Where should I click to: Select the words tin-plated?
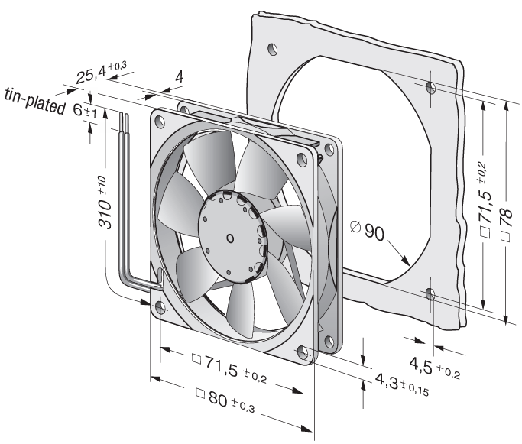pyautogui.click(x=34, y=101)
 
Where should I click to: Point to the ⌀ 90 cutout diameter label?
pyautogui.click(x=368, y=230)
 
